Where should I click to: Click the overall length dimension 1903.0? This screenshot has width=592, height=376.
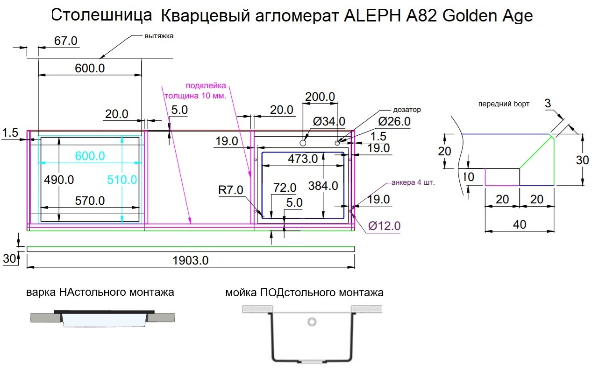tap(190, 261)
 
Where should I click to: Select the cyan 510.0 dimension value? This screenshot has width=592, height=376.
tap(122, 180)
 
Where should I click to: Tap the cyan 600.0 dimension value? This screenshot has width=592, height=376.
tap(90, 156)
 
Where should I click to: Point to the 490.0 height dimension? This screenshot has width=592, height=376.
tap(59, 180)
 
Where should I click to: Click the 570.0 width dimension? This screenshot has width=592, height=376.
tap(90, 201)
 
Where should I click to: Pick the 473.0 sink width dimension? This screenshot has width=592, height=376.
tap(303, 159)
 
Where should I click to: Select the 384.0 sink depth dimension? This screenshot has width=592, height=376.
tap(323, 186)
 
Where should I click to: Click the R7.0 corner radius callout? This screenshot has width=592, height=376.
tap(231, 190)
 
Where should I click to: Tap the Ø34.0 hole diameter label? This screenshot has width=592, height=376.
tap(329, 122)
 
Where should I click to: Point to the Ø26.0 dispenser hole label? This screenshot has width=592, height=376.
tap(394, 122)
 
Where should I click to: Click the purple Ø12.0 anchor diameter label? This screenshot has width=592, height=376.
tap(384, 226)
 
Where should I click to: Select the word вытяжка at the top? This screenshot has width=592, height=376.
tap(159, 36)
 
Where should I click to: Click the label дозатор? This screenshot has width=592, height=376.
tap(407, 110)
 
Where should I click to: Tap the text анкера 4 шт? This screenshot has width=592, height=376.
tap(413, 182)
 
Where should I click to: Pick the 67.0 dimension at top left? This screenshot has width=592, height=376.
tap(66, 41)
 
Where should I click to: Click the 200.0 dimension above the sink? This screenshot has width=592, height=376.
tap(320, 97)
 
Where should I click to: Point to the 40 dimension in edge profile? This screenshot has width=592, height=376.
tap(519, 225)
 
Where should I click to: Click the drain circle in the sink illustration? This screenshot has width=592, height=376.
tap(312, 321)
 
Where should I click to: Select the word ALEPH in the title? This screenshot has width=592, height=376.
tap(372, 16)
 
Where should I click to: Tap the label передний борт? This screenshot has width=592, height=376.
tap(504, 104)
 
